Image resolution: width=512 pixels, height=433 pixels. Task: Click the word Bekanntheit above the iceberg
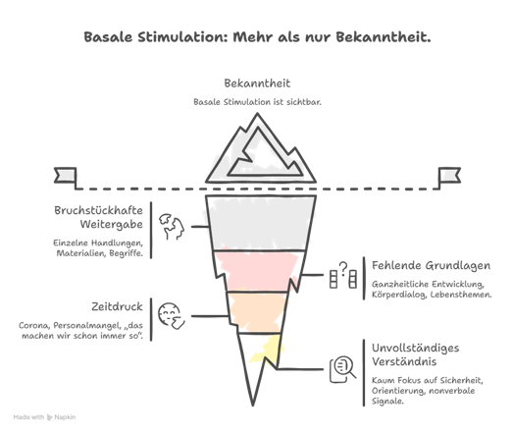[x=257, y=83]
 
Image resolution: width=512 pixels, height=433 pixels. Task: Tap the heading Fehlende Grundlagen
[x=431, y=265]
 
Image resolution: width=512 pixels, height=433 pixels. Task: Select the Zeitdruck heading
[x=117, y=306]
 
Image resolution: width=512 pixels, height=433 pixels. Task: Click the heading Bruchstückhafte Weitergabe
[x=98, y=217]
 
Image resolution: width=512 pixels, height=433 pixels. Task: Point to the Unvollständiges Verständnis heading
[x=415, y=354]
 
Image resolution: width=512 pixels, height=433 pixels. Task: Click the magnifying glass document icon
[x=342, y=369]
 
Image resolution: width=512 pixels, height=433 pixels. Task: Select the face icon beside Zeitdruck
[x=171, y=315]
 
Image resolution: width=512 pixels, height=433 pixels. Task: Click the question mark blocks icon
[x=342, y=275]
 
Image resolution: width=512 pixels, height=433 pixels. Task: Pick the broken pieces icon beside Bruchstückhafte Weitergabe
[x=172, y=227]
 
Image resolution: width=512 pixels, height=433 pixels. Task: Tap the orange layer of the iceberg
[x=257, y=312]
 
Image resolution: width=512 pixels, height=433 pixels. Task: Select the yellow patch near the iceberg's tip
[x=268, y=350]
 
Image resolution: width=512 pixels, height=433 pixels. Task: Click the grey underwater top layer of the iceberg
[x=261, y=223]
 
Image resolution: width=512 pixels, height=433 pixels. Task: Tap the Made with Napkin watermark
[x=44, y=417]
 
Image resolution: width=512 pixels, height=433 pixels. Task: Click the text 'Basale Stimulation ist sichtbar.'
[x=257, y=102]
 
